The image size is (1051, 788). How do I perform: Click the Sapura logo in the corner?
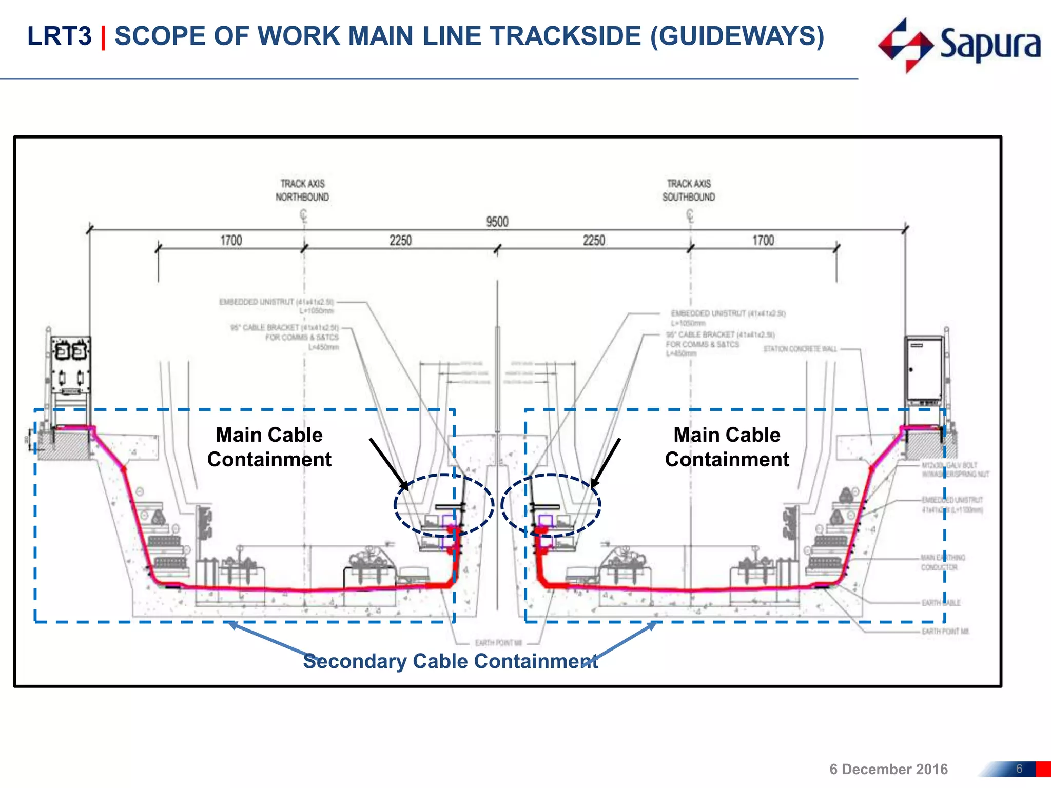(x=959, y=45)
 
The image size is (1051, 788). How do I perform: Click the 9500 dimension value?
(x=497, y=222)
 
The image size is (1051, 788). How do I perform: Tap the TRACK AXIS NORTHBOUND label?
(x=302, y=190)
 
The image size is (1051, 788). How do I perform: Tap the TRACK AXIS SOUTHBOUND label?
(x=689, y=190)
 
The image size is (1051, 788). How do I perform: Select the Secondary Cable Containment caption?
(x=450, y=661)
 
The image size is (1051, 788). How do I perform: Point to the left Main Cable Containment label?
(x=269, y=447)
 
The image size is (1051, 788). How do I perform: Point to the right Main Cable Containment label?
(x=727, y=447)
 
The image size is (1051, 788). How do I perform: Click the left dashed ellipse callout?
(x=444, y=505)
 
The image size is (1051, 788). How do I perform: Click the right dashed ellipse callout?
(x=551, y=505)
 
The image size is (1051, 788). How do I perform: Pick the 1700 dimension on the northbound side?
(x=231, y=241)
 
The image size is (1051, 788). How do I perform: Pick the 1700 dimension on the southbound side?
(x=763, y=241)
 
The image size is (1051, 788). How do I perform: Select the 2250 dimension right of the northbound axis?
(x=400, y=241)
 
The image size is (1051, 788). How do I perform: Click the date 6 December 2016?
(x=888, y=769)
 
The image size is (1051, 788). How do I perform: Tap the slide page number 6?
(x=1019, y=769)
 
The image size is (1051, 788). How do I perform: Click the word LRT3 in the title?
(x=59, y=36)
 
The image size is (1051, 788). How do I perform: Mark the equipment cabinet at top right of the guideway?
(x=924, y=370)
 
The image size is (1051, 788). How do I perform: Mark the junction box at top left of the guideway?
(x=70, y=365)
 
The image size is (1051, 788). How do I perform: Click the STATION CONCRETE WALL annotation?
(x=800, y=349)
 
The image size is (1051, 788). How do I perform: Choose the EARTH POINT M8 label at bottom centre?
(x=498, y=643)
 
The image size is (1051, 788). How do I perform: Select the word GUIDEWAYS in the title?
(x=737, y=36)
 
